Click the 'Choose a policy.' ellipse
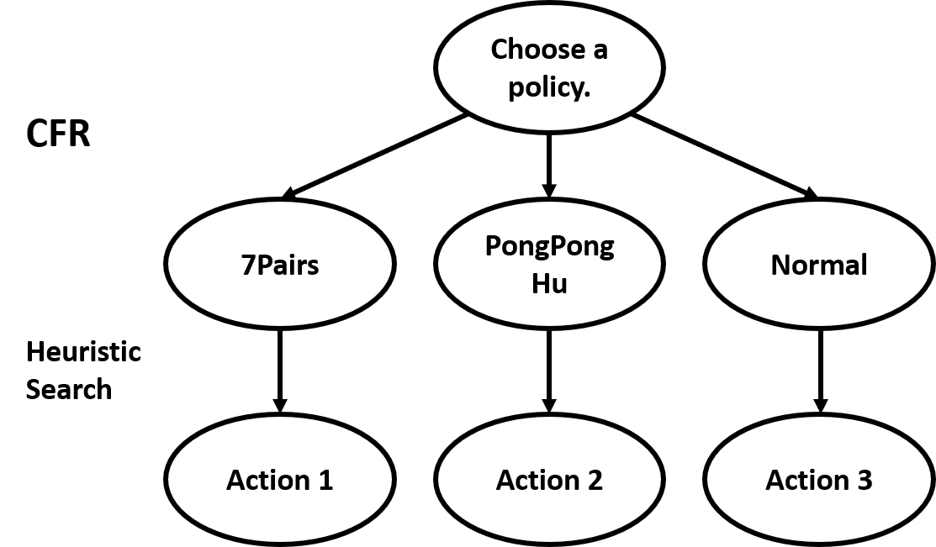pyautogui.click(x=549, y=67)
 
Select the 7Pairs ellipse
pyautogui.click(x=280, y=264)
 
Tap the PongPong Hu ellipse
pyautogui.click(x=549, y=264)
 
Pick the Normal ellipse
pyautogui.click(x=819, y=264)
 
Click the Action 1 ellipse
pyautogui.click(x=280, y=480)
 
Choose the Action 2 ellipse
pyautogui.click(x=549, y=480)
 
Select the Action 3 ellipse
pyautogui.click(x=819, y=480)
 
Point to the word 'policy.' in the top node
pyautogui.click(x=549, y=87)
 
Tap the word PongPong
pyautogui.click(x=549, y=246)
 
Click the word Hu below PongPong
pyautogui.click(x=549, y=283)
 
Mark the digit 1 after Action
pyautogui.click(x=325, y=481)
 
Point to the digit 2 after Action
pyautogui.click(x=594, y=481)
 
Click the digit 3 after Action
pyautogui.click(x=864, y=481)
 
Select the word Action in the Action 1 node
pyautogui.click(x=266, y=481)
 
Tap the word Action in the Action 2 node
pyautogui.click(x=536, y=481)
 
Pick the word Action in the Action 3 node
pyautogui.click(x=805, y=481)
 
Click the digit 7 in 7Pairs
pyautogui.click(x=248, y=266)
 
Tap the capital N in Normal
pyautogui.click(x=780, y=266)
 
